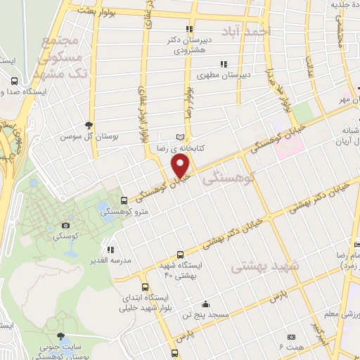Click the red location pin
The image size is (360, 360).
[x=181, y=166]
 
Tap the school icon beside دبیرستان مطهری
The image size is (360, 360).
[x=224, y=64]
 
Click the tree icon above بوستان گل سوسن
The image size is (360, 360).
[x=88, y=123]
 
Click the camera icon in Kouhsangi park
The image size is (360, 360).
[x=66, y=225]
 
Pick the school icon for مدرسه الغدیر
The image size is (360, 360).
[x=110, y=249]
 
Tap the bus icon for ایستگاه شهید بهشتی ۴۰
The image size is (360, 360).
[x=181, y=255]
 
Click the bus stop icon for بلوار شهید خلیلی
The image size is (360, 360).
[x=145, y=287]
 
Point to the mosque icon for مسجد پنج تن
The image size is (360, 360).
[x=205, y=304]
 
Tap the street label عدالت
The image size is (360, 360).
[x=308, y=65]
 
